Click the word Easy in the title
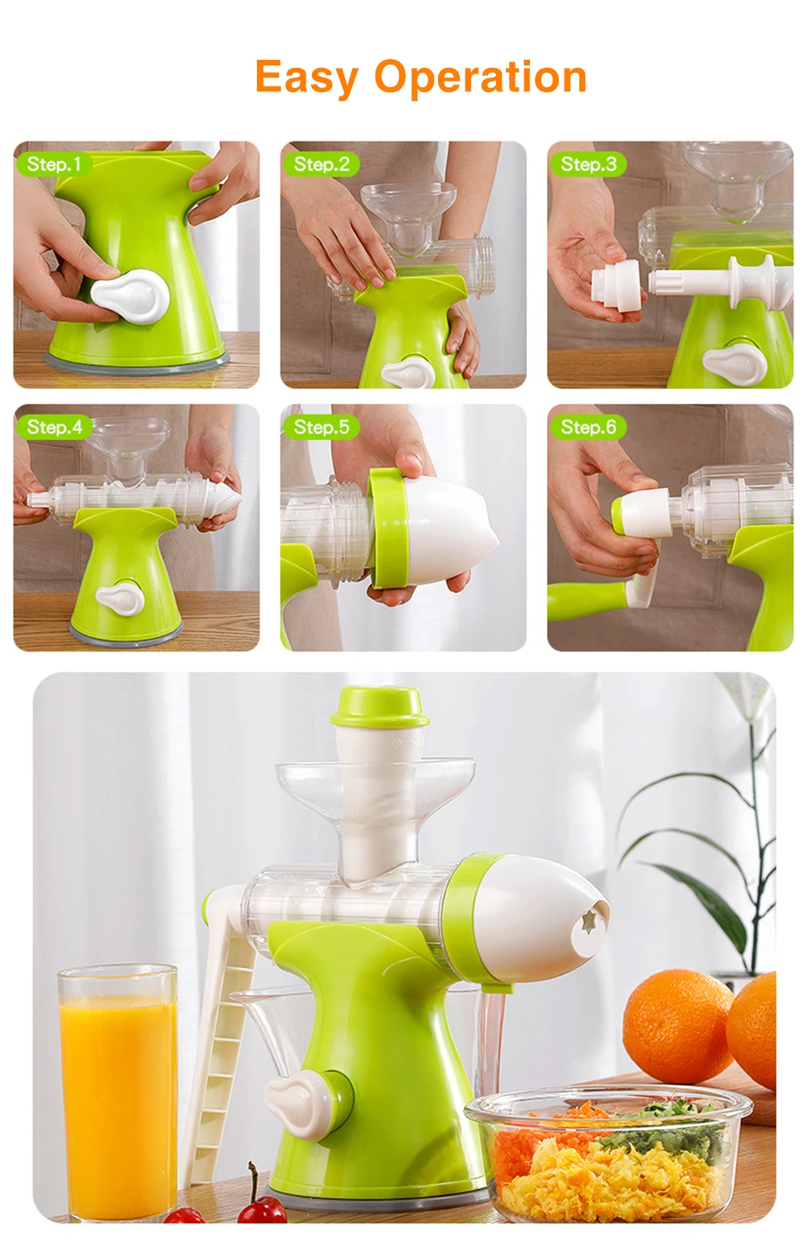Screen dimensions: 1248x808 coord(306,78)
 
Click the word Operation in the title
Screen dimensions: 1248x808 coord(480,78)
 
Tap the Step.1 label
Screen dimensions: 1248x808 coord(53,164)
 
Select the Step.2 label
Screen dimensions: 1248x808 coord(321,164)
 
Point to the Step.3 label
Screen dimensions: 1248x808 coord(587,164)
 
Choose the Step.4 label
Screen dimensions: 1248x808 coord(54,427)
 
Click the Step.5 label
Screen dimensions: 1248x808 coord(321,427)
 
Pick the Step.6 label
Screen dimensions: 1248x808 coord(587,427)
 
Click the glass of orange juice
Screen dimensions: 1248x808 coord(118,1083)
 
